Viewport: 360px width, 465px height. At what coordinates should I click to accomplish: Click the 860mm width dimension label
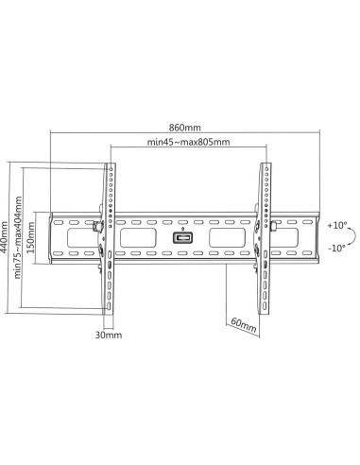coord(185,128)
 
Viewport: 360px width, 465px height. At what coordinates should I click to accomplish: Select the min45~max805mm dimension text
coord(188,142)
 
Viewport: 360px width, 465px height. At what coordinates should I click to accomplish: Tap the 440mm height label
coord(4,237)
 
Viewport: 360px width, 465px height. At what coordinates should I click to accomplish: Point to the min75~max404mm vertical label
coord(18,237)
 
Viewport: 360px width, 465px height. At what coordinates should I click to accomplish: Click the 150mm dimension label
coord(31,237)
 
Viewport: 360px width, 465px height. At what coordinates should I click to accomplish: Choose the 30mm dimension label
coord(109,335)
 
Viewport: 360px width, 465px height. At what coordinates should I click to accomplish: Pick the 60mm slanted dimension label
coord(244,325)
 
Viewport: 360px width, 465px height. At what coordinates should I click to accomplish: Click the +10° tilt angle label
coord(337,226)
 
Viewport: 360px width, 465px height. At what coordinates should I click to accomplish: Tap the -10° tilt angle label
coord(336,249)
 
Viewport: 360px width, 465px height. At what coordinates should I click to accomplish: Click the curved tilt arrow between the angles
coord(356,236)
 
